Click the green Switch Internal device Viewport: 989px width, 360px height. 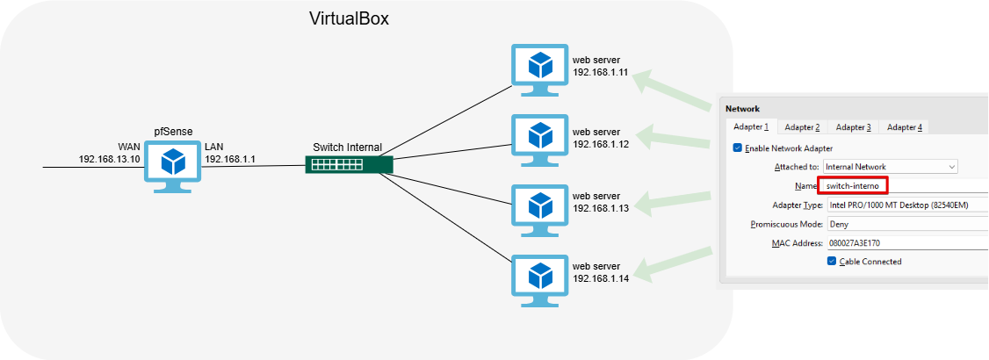tap(349, 164)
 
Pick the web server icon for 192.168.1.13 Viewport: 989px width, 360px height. tap(539, 206)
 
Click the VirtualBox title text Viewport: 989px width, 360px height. tap(349, 18)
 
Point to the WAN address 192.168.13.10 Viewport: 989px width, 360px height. tap(110, 160)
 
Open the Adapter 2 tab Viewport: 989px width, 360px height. tap(802, 127)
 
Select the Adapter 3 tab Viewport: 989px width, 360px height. tap(853, 127)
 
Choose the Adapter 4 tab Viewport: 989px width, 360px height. tap(904, 127)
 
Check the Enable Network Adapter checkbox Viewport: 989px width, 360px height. tap(738, 148)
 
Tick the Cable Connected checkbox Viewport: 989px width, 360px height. tap(832, 262)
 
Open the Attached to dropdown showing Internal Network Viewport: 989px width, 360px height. tap(891, 167)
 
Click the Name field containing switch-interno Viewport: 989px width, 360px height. tap(853, 186)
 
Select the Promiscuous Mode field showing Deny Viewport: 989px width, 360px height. tap(905, 224)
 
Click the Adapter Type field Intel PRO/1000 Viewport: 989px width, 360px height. tap(905, 205)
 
